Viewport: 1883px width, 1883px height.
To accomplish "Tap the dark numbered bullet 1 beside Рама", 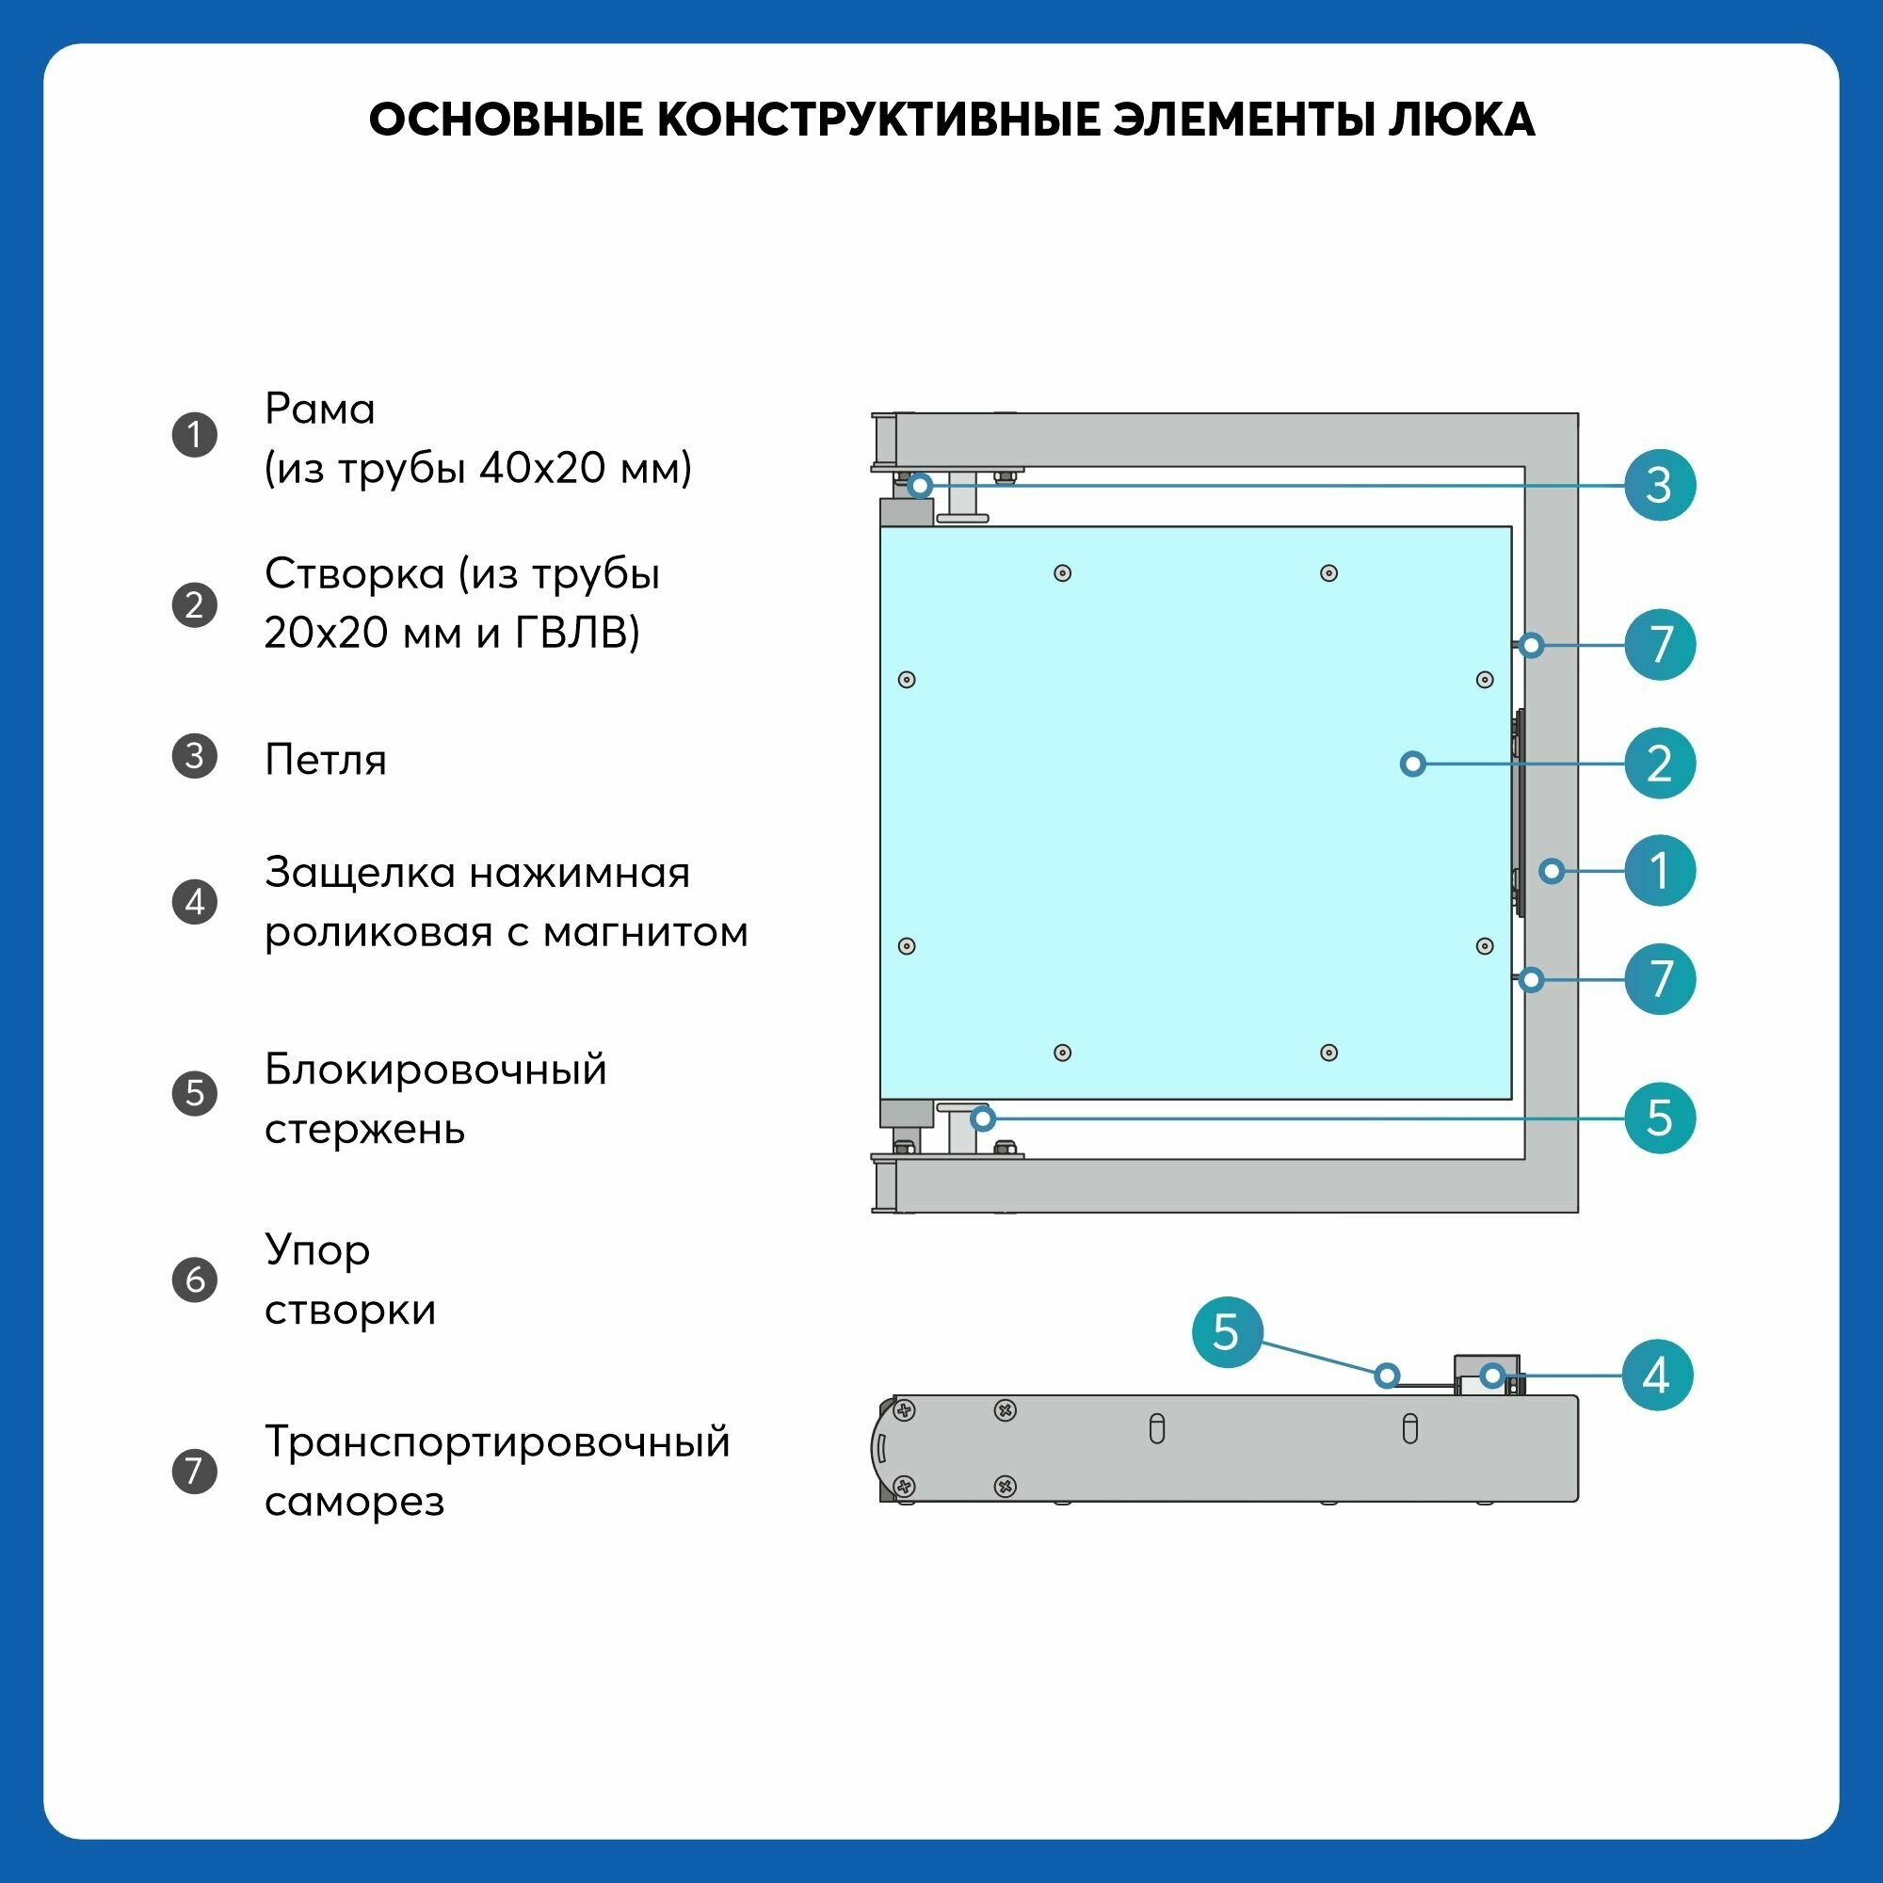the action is [195, 435].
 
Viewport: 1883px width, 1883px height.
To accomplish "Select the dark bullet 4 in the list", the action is [195, 902].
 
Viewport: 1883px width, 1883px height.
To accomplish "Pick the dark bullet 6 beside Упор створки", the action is [195, 1279].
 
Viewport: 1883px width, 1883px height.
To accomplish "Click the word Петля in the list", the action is [326, 760].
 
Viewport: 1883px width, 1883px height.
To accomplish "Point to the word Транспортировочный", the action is [497, 1442].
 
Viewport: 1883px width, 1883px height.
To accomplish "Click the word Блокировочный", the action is [436, 1070].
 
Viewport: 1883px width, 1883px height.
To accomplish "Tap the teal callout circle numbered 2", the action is [1660, 764].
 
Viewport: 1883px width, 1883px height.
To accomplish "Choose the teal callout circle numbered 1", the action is [1660, 870].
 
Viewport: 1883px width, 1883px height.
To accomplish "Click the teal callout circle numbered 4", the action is [1657, 1376].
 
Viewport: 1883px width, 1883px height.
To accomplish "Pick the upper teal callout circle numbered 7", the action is [1660, 644].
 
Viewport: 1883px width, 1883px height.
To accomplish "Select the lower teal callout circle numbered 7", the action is [1660, 978].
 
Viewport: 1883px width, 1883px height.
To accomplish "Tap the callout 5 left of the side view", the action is [1227, 1331].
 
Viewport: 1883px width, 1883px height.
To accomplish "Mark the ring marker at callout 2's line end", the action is [1413, 764].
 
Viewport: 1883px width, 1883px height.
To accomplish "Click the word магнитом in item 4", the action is [645, 933].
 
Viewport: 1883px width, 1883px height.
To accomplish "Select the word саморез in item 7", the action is [355, 1502].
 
